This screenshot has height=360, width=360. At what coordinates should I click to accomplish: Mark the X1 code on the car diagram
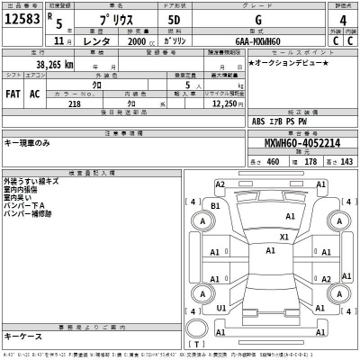coord(284,238)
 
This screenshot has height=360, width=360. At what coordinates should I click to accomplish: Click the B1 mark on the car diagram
coord(215,206)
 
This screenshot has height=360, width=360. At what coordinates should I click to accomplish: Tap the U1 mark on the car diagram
coord(220,308)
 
